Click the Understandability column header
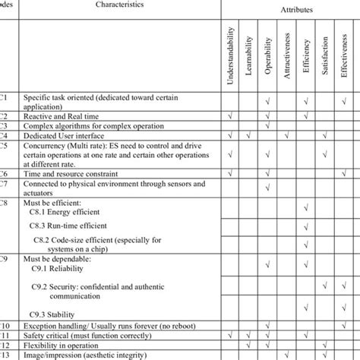click(x=231, y=56)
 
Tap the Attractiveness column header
click(x=286, y=56)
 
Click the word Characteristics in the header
click(x=119, y=5)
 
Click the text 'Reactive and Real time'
click(x=61, y=115)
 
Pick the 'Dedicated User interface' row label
click(x=63, y=135)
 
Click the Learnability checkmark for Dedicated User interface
click(x=249, y=135)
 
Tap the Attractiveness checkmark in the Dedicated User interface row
click(x=286, y=135)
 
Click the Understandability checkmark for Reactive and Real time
click(x=231, y=115)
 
